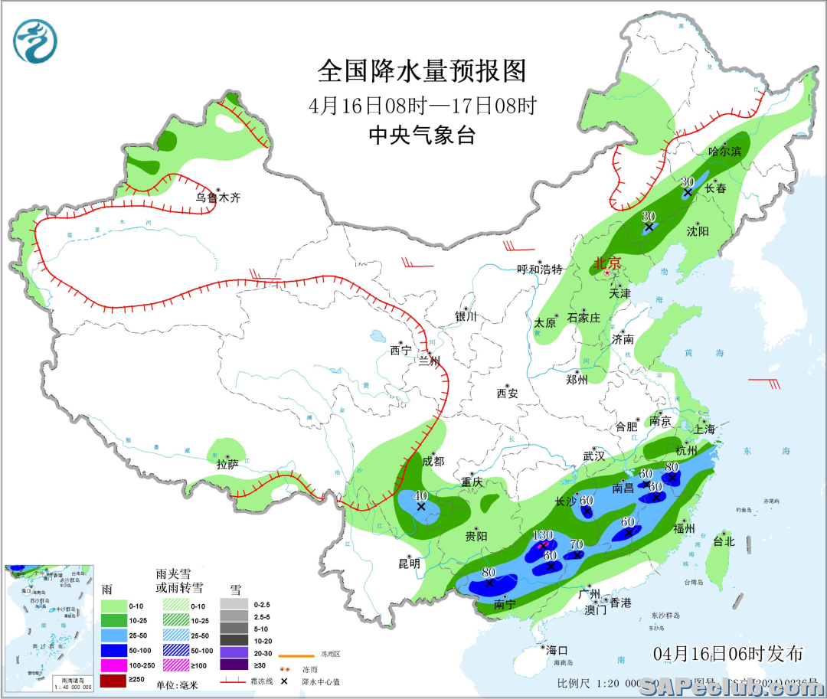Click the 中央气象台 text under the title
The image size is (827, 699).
click(x=422, y=136)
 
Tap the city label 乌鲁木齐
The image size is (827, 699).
click(x=217, y=198)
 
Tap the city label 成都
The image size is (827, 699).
click(x=433, y=461)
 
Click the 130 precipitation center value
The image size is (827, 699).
click(x=542, y=535)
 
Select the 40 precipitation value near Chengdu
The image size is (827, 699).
click(x=420, y=496)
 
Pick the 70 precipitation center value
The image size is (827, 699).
click(x=577, y=545)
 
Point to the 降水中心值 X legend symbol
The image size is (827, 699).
click(x=284, y=681)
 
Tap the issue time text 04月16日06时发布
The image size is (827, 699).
click(x=728, y=654)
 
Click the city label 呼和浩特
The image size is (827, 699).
click(x=540, y=269)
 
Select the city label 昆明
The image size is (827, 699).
click(x=409, y=563)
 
